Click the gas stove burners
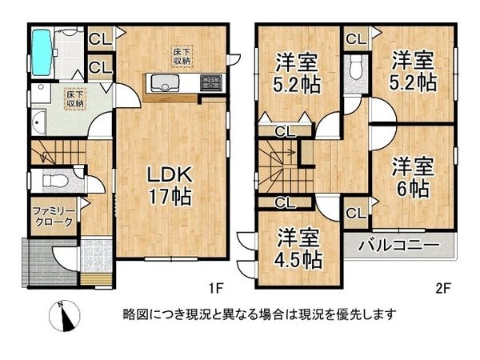click(x=211, y=82)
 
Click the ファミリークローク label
click(x=54, y=217)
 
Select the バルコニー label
click(x=398, y=244)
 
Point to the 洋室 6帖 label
click(x=412, y=177)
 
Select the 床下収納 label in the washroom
click(x=75, y=98)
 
